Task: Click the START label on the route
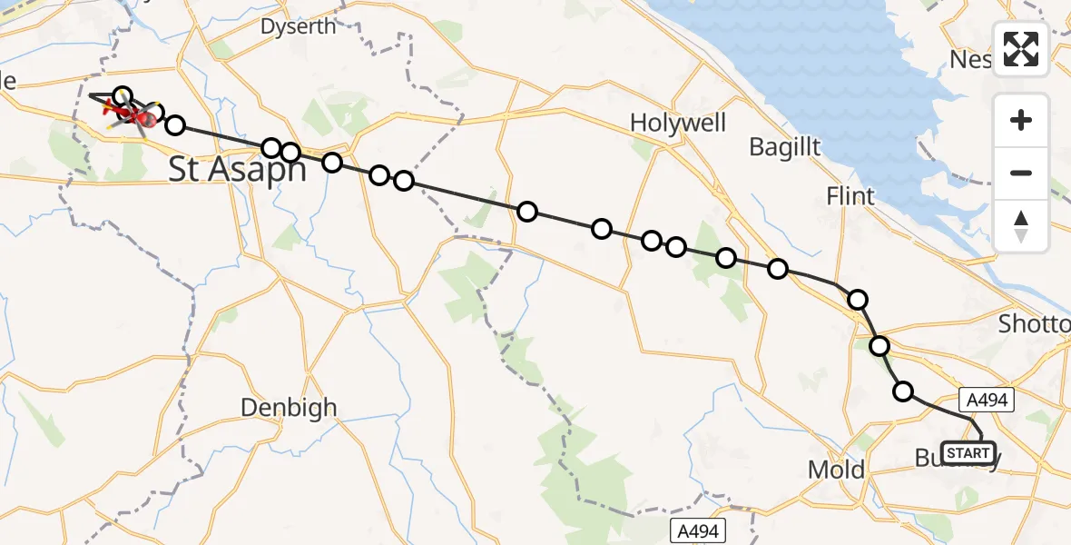click(x=968, y=452)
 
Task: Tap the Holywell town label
click(x=678, y=123)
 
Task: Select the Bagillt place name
click(x=785, y=146)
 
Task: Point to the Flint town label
click(x=850, y=195)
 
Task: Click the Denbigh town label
click(x=289, y=408)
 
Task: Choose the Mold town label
click(x=834, y=470)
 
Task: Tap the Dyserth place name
click(x=298, y=26)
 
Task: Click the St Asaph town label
click(x=237, y=170)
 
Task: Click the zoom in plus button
click(x=1021, y=120)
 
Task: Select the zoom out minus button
click(x=1021, y=173)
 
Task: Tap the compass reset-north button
click(x=1021, y=225)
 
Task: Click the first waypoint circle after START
click(x=903, y=391)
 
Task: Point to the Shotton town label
click(x=1035, y=324)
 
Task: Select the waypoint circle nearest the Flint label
click(x=858, y=299)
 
